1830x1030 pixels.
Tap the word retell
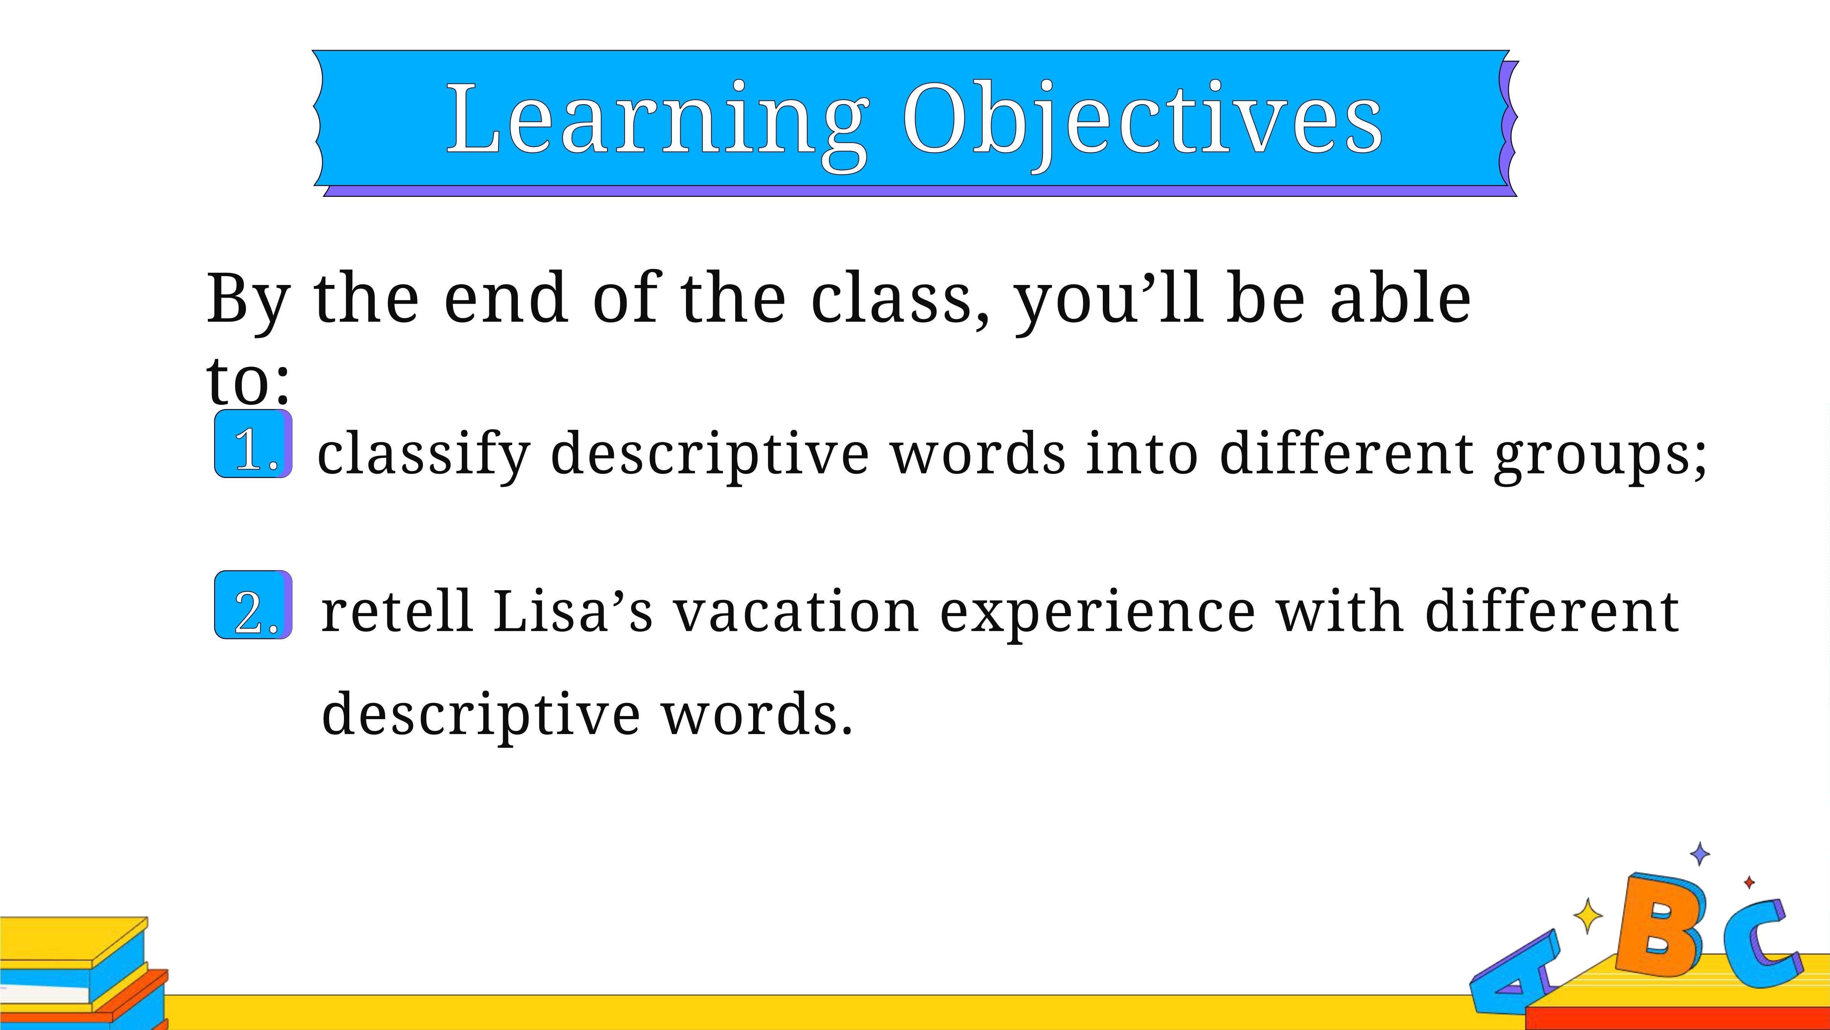397,611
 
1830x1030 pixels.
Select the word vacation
796,611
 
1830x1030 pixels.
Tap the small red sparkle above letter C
1750,883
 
